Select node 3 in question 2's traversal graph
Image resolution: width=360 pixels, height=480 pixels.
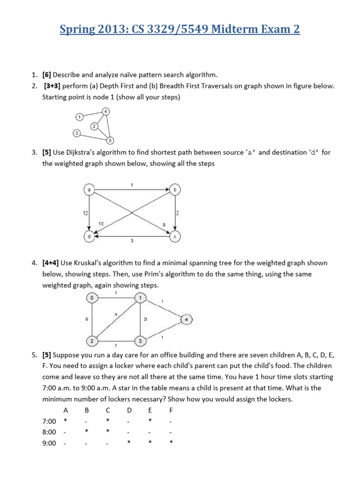click(x=76, y=133)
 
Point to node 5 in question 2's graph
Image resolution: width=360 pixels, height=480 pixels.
click(x=109, y=140)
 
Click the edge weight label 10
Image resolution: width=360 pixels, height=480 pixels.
click(x=101, y=224)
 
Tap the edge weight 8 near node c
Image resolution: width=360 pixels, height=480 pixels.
click(x=164, y=225)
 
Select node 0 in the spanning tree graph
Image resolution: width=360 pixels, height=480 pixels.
click(x=92, y=298)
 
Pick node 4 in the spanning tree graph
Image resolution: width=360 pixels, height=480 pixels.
click(x=187, y=320)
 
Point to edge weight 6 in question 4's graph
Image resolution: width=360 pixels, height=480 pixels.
click(x=87, y=319)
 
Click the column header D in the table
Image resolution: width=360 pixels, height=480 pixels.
click(x=129, y=409)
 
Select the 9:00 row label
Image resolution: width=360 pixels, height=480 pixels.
click(x=49, y=443)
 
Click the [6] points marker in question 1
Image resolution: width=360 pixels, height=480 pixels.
click(x=46, y=75)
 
